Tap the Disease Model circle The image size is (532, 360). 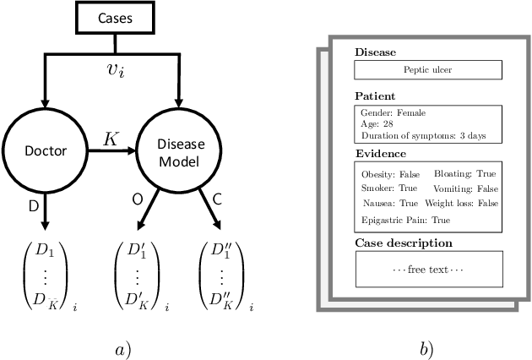tap(178, 152)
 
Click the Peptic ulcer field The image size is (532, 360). tap(428, 70)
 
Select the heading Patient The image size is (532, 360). tap(374, 96)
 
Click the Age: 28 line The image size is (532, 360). tap(377, 123)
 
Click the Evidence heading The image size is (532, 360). tap(380, 154)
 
